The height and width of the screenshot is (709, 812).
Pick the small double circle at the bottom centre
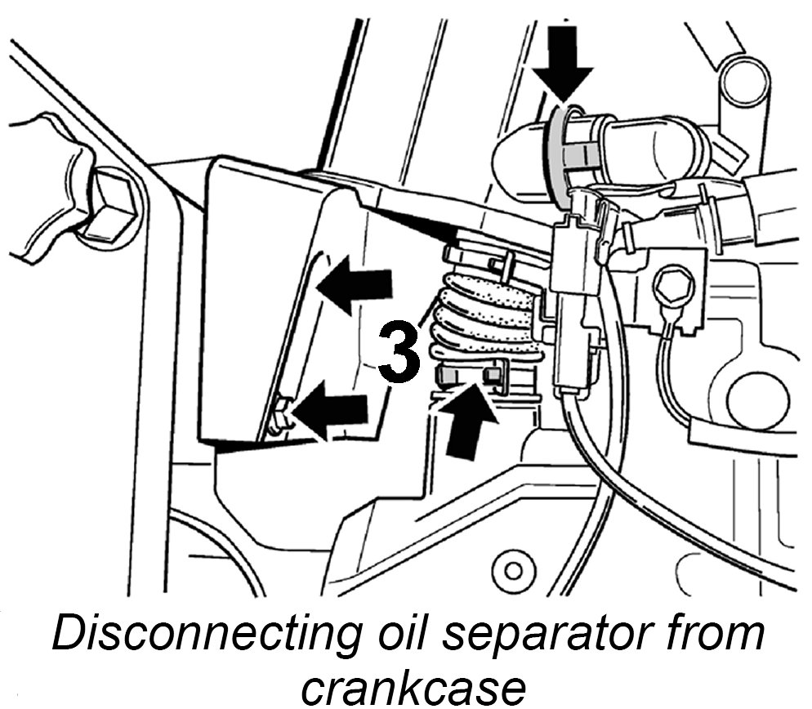[x=513, y=568]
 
